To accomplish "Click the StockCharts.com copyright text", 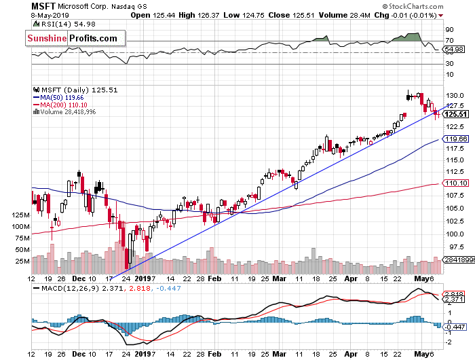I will click(x=438, y=5).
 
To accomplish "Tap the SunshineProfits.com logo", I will click(x=73, y=39).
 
